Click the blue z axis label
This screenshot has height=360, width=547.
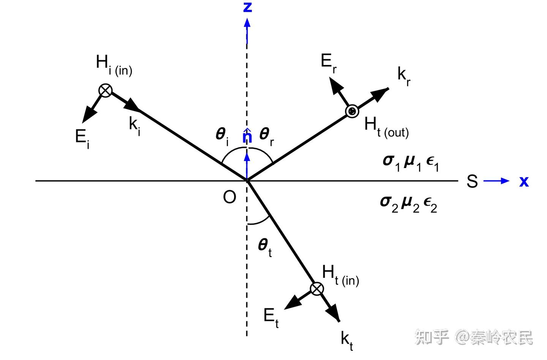(x=247, y=7)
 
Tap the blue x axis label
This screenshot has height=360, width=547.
(x=524, y=181)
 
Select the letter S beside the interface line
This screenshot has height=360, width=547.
(x=472, y=181)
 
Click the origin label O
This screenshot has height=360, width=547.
(x=229, y=197)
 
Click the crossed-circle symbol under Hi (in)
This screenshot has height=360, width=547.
(x=106, y=90)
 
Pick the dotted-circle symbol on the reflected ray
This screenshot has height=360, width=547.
(x=352, y=111)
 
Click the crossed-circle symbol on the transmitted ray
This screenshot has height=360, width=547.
(x=317, y=289)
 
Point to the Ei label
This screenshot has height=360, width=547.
(x=82, y=138)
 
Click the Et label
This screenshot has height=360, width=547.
(x=271, y=316)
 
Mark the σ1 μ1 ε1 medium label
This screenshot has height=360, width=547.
(x=411, y=162)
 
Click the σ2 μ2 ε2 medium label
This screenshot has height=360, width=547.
(x=408, y=203)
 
